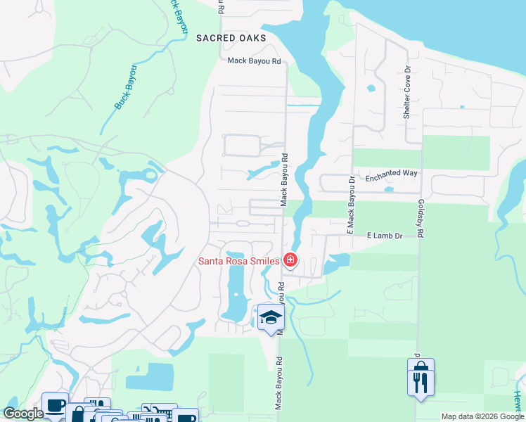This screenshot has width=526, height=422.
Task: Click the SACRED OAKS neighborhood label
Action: (231, 38)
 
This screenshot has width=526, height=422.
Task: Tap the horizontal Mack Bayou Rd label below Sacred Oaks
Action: (254, 62)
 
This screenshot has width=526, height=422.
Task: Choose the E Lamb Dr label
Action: (384, 236)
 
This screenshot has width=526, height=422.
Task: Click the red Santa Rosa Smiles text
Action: (238, 261)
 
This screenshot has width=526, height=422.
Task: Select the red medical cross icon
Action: (290, 261)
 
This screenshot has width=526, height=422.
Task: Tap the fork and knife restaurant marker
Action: (421, 383)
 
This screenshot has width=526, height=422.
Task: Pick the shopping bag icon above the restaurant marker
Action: (421, 366)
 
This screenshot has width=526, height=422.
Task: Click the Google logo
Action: (23, 414)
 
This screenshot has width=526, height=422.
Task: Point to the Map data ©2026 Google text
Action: (482, 416)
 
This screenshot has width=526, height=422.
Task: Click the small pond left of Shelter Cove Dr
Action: (370, 89)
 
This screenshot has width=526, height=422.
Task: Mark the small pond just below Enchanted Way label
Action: (390, 189)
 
